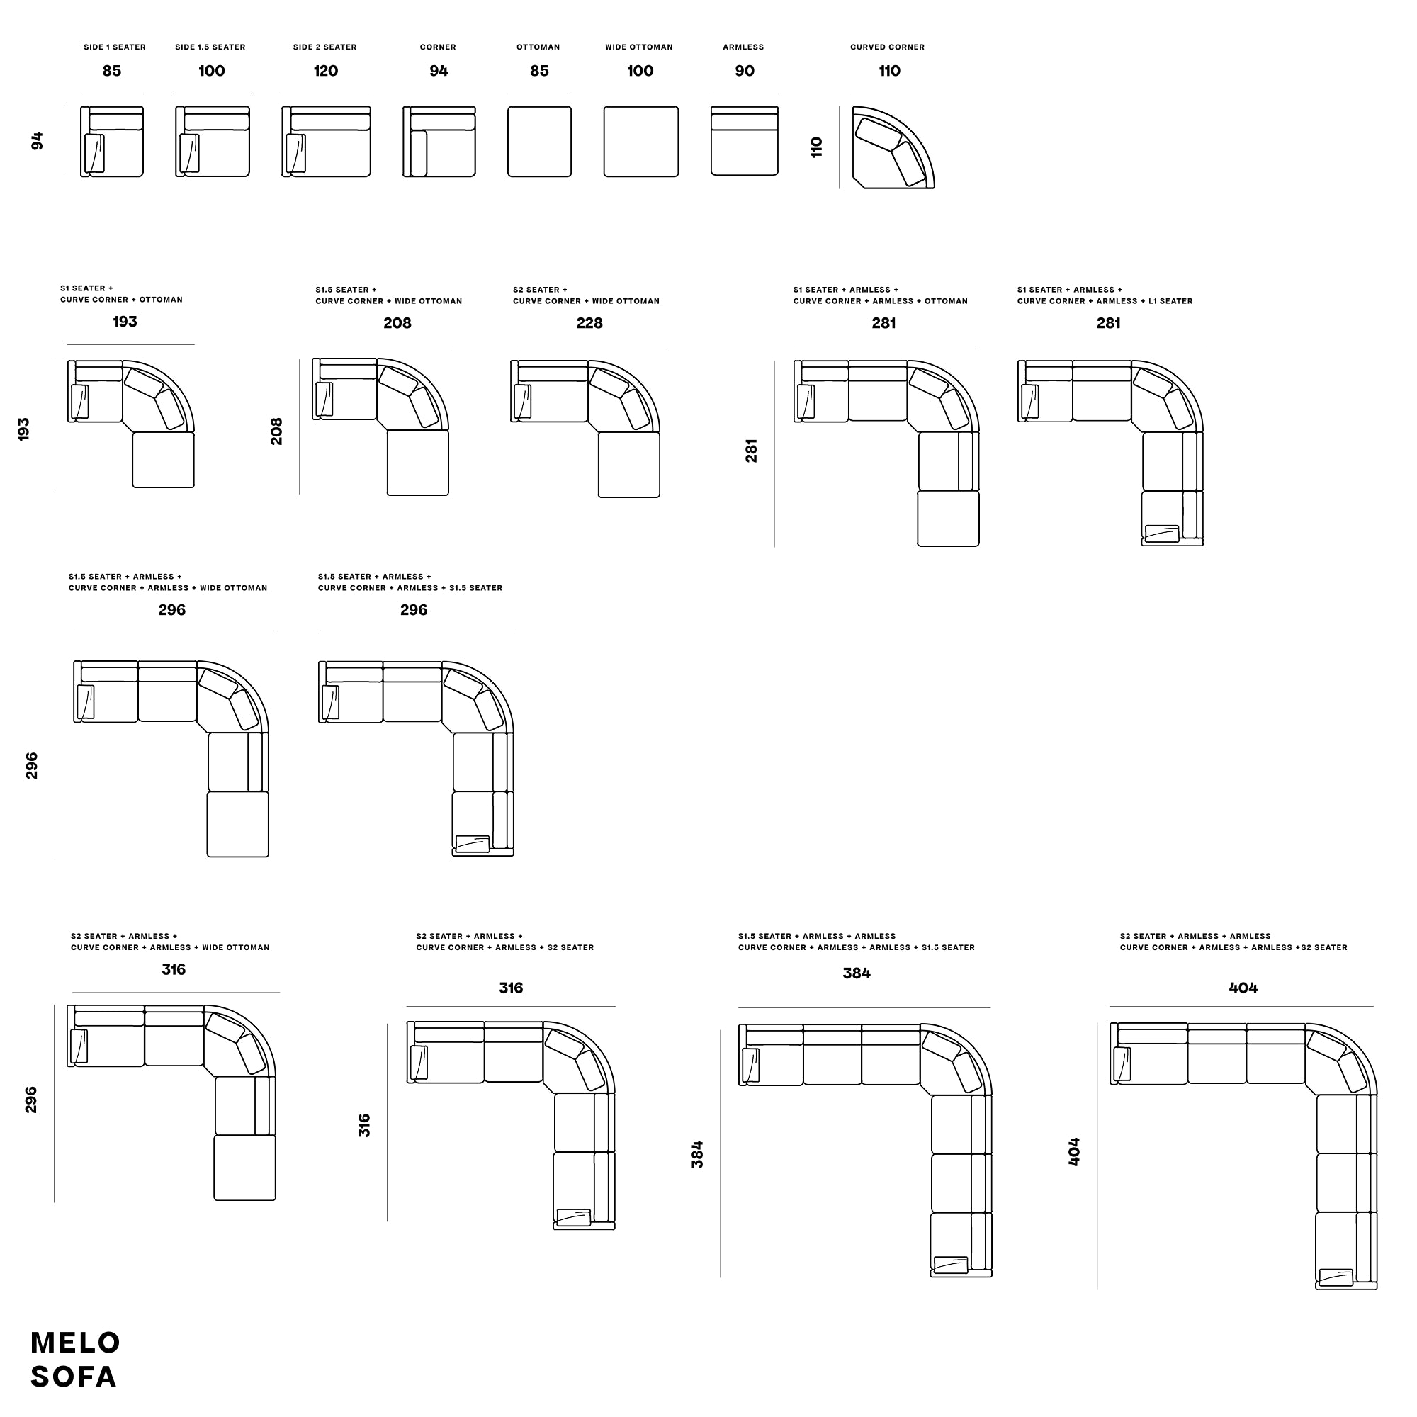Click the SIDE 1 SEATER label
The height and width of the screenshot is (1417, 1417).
[x=114, y=47]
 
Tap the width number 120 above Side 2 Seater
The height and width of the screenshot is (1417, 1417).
[x=326, y=71]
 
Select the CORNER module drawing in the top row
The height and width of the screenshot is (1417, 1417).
[x=439, y=142]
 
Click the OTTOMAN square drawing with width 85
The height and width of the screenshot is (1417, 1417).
[x=540, y=142]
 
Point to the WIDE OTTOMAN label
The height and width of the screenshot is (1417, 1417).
[x=639, y=47]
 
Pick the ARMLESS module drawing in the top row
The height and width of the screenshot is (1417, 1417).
[x=745, y=141]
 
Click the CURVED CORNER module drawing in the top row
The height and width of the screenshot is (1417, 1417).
[x=893, y=147]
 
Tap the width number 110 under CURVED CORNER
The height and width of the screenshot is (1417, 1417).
[x=890, y=71]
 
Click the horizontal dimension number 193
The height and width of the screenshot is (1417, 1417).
[x=125, y=321]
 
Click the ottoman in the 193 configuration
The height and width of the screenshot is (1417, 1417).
[x=164, y=460]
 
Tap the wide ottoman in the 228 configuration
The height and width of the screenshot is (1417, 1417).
[x=629, y=465]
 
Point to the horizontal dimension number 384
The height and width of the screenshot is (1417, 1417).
[x=857, y=973]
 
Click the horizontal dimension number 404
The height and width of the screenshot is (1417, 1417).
[x=1243, y=988]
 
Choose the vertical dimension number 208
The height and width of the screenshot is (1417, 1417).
[x=276, y=431]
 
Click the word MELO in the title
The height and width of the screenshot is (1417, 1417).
[x=76, y=1343]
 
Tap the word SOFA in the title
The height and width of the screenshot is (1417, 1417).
[x=74, y=1377]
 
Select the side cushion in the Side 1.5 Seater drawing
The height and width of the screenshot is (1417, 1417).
[x=189, y=153]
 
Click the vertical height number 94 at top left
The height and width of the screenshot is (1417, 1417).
[x=38, y=142]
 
